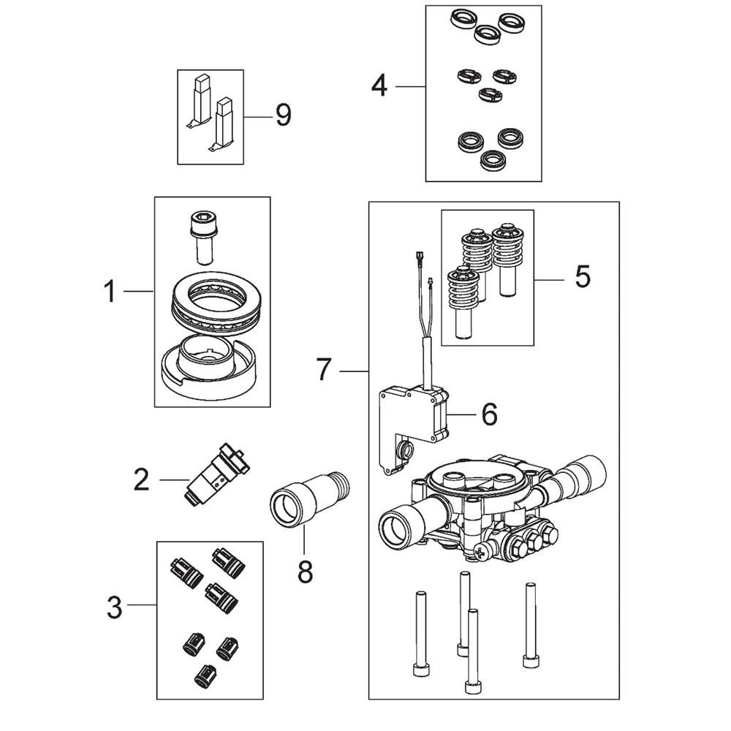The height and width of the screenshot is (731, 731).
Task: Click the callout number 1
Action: coord(110,291)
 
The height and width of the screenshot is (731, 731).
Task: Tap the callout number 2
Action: coord(141,480)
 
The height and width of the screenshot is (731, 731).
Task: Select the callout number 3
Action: coord(114,607)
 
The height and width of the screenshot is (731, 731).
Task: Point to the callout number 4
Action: coord(379,86)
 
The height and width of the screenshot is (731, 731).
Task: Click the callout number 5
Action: coord(583,277)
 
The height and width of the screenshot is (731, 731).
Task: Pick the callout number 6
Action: coord(489,414)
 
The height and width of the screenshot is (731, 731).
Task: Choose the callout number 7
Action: coord(324,370)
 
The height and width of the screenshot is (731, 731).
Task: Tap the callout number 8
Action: coord(305,572)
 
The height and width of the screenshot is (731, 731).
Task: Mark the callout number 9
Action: coord(284,115)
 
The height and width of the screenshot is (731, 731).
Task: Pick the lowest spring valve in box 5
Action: coord(463,303)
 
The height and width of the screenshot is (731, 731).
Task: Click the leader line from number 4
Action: coord(411,87)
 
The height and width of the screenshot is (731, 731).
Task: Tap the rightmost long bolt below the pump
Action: coord(529,625)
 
